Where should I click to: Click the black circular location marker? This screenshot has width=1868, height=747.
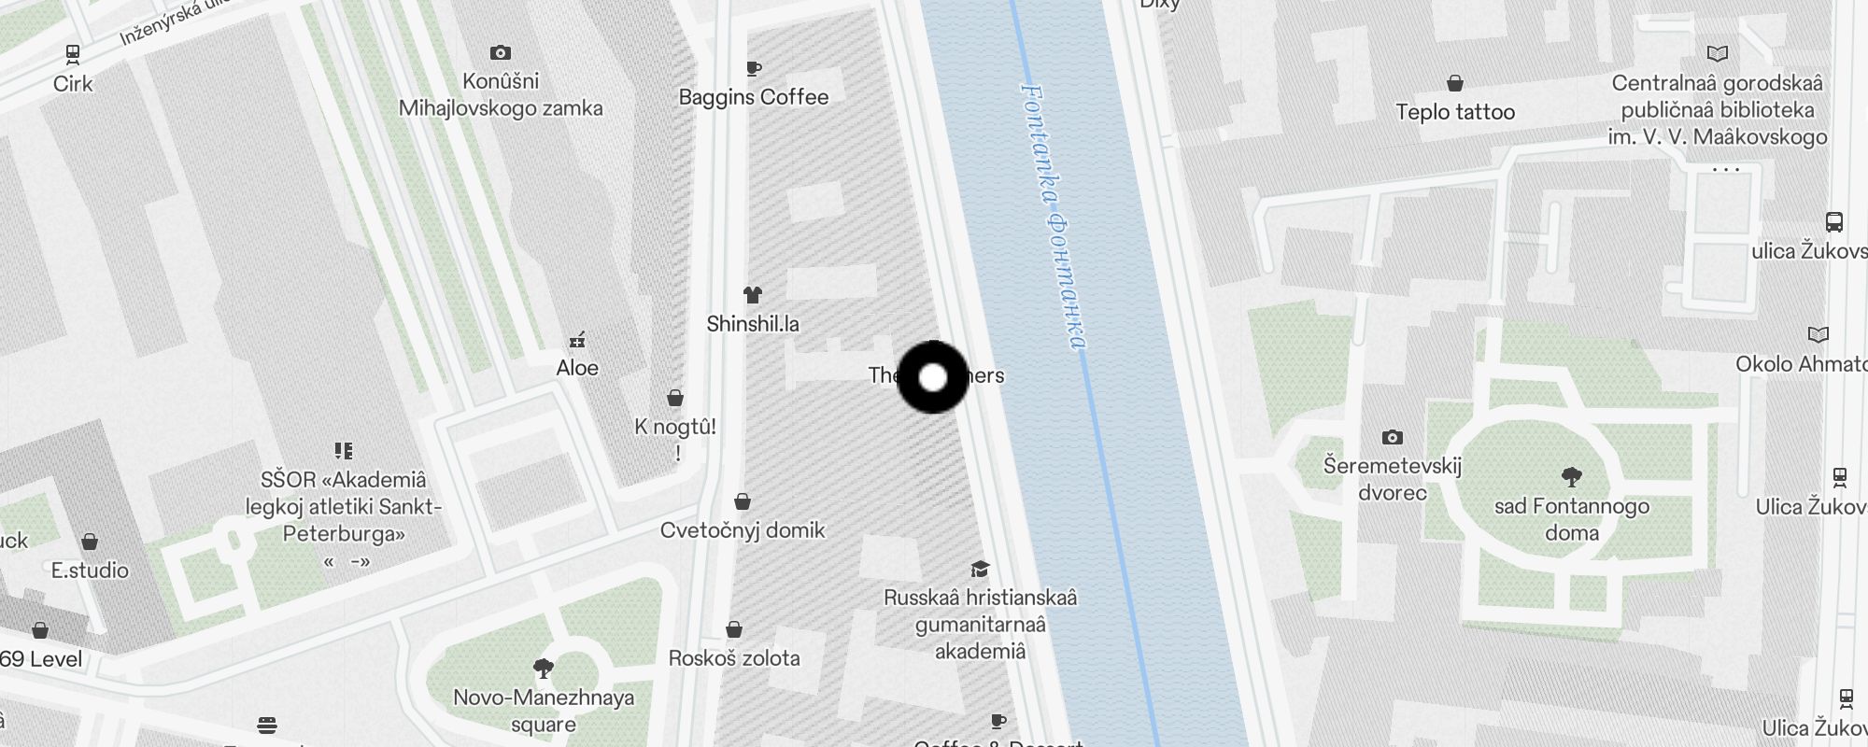tap(933, 377)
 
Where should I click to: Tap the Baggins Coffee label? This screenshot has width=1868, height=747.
tap(754, 97)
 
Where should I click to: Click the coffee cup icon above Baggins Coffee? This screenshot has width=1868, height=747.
tap(754, 68)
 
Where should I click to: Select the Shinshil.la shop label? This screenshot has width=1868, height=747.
tap(753, 324)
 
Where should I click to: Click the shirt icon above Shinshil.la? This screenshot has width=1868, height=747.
tap(753, 295)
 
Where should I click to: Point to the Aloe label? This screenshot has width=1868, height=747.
tap(577, 368)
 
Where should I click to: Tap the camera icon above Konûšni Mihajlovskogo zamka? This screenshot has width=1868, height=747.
tap(501, 53)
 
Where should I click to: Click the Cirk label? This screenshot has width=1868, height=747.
tap(73, 84)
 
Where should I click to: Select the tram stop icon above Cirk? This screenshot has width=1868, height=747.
tap(73, 54)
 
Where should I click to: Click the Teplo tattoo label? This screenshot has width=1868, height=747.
tap(1455, 112)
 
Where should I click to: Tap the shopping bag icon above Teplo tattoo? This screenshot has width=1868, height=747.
tap(1455, 83)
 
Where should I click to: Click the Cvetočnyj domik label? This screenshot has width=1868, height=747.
tap(743, 530)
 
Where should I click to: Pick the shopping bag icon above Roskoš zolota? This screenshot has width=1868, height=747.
tap(734, 629)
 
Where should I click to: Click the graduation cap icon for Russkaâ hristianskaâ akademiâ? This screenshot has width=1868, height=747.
tap(980, 569)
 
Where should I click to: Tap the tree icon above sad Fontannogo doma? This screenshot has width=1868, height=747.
tap(1572, 477)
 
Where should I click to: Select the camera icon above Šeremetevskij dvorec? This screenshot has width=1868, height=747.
tap(1393, 437)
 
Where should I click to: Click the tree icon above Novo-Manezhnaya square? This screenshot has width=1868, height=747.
tap(543, 668)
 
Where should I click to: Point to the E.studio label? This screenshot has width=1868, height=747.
tap(90, 571)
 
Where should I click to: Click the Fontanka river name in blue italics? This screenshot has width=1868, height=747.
tap(1054, 217)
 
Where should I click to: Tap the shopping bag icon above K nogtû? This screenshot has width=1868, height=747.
tap(675, 399)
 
